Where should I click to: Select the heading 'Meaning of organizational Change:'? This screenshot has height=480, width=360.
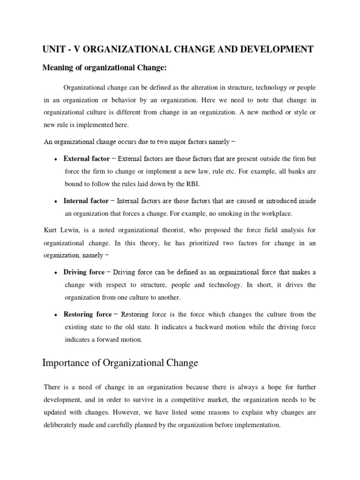pos(105,68)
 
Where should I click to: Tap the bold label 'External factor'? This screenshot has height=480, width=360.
pos(87,158)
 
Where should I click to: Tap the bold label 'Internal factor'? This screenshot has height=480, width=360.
pos(86,201)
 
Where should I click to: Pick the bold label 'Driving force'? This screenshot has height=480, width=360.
pos(85,272)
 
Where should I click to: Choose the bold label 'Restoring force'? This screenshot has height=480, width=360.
pos(88,315)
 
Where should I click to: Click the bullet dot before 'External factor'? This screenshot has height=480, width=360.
pos(56,159)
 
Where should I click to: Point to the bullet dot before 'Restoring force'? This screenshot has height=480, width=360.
pos(56,315)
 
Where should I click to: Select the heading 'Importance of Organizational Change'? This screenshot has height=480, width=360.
pos(120,363)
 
